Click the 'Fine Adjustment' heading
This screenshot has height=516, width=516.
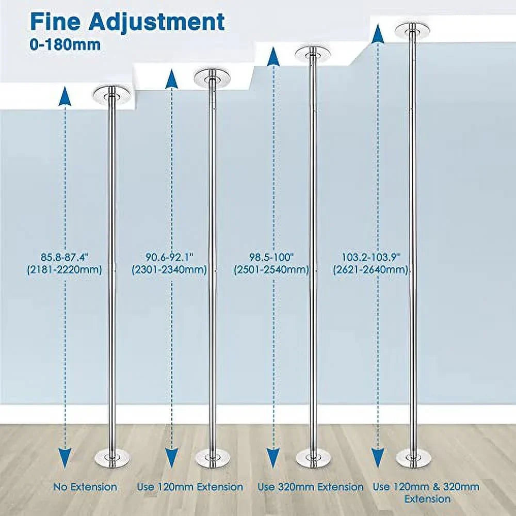127,22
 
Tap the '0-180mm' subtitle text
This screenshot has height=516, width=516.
65,45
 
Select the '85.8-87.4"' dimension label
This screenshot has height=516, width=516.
65,256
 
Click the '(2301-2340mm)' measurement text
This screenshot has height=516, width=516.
169,270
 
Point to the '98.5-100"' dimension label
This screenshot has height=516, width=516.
271,256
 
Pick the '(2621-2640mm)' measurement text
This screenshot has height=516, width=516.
370,270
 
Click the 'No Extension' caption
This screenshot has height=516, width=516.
85,487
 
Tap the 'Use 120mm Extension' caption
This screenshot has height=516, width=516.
190,487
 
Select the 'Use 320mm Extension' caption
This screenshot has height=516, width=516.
310,487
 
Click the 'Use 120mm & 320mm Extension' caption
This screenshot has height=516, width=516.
426,493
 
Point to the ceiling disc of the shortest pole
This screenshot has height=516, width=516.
111,96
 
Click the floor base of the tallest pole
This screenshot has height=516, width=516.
413,458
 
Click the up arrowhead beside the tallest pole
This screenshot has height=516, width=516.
378,34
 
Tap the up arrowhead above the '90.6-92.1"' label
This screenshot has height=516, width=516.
171,78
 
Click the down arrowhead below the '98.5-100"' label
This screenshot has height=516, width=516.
273,458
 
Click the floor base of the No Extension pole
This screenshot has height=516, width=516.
112,458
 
